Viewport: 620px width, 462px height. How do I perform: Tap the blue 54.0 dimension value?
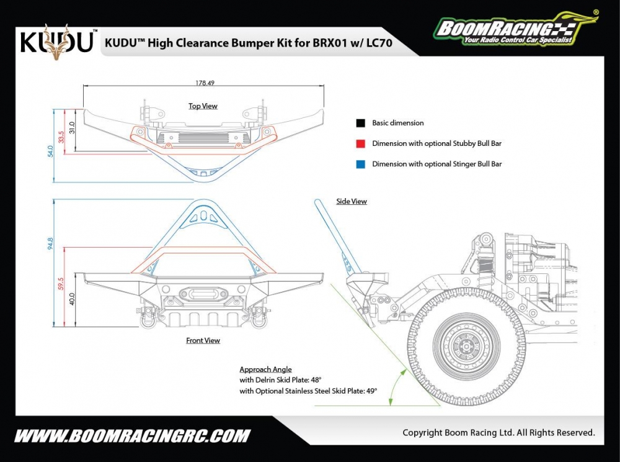click(50, 152)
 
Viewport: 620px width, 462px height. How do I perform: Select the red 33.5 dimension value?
click(61, 137)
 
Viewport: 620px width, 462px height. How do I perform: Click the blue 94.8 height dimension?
click(50, 243)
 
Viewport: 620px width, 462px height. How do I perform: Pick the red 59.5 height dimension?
click(61, 285)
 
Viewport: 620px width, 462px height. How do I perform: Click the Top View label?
click(203, 106)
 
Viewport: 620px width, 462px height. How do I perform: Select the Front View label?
click(203, 340)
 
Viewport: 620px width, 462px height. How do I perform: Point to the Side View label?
click(352, 201)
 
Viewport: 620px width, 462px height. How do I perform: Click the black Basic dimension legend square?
click(360, 123)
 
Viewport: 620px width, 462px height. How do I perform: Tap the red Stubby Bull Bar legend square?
click(360, 143)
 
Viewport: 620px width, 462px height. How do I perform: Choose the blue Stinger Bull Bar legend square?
click(360, 164)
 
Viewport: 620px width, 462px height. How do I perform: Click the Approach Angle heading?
click(265, 369)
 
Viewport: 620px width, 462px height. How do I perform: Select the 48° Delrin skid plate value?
click(316, 379)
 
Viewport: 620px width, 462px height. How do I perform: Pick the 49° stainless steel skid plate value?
click(371, 391)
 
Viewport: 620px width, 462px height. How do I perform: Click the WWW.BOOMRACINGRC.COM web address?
click(132, 435)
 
